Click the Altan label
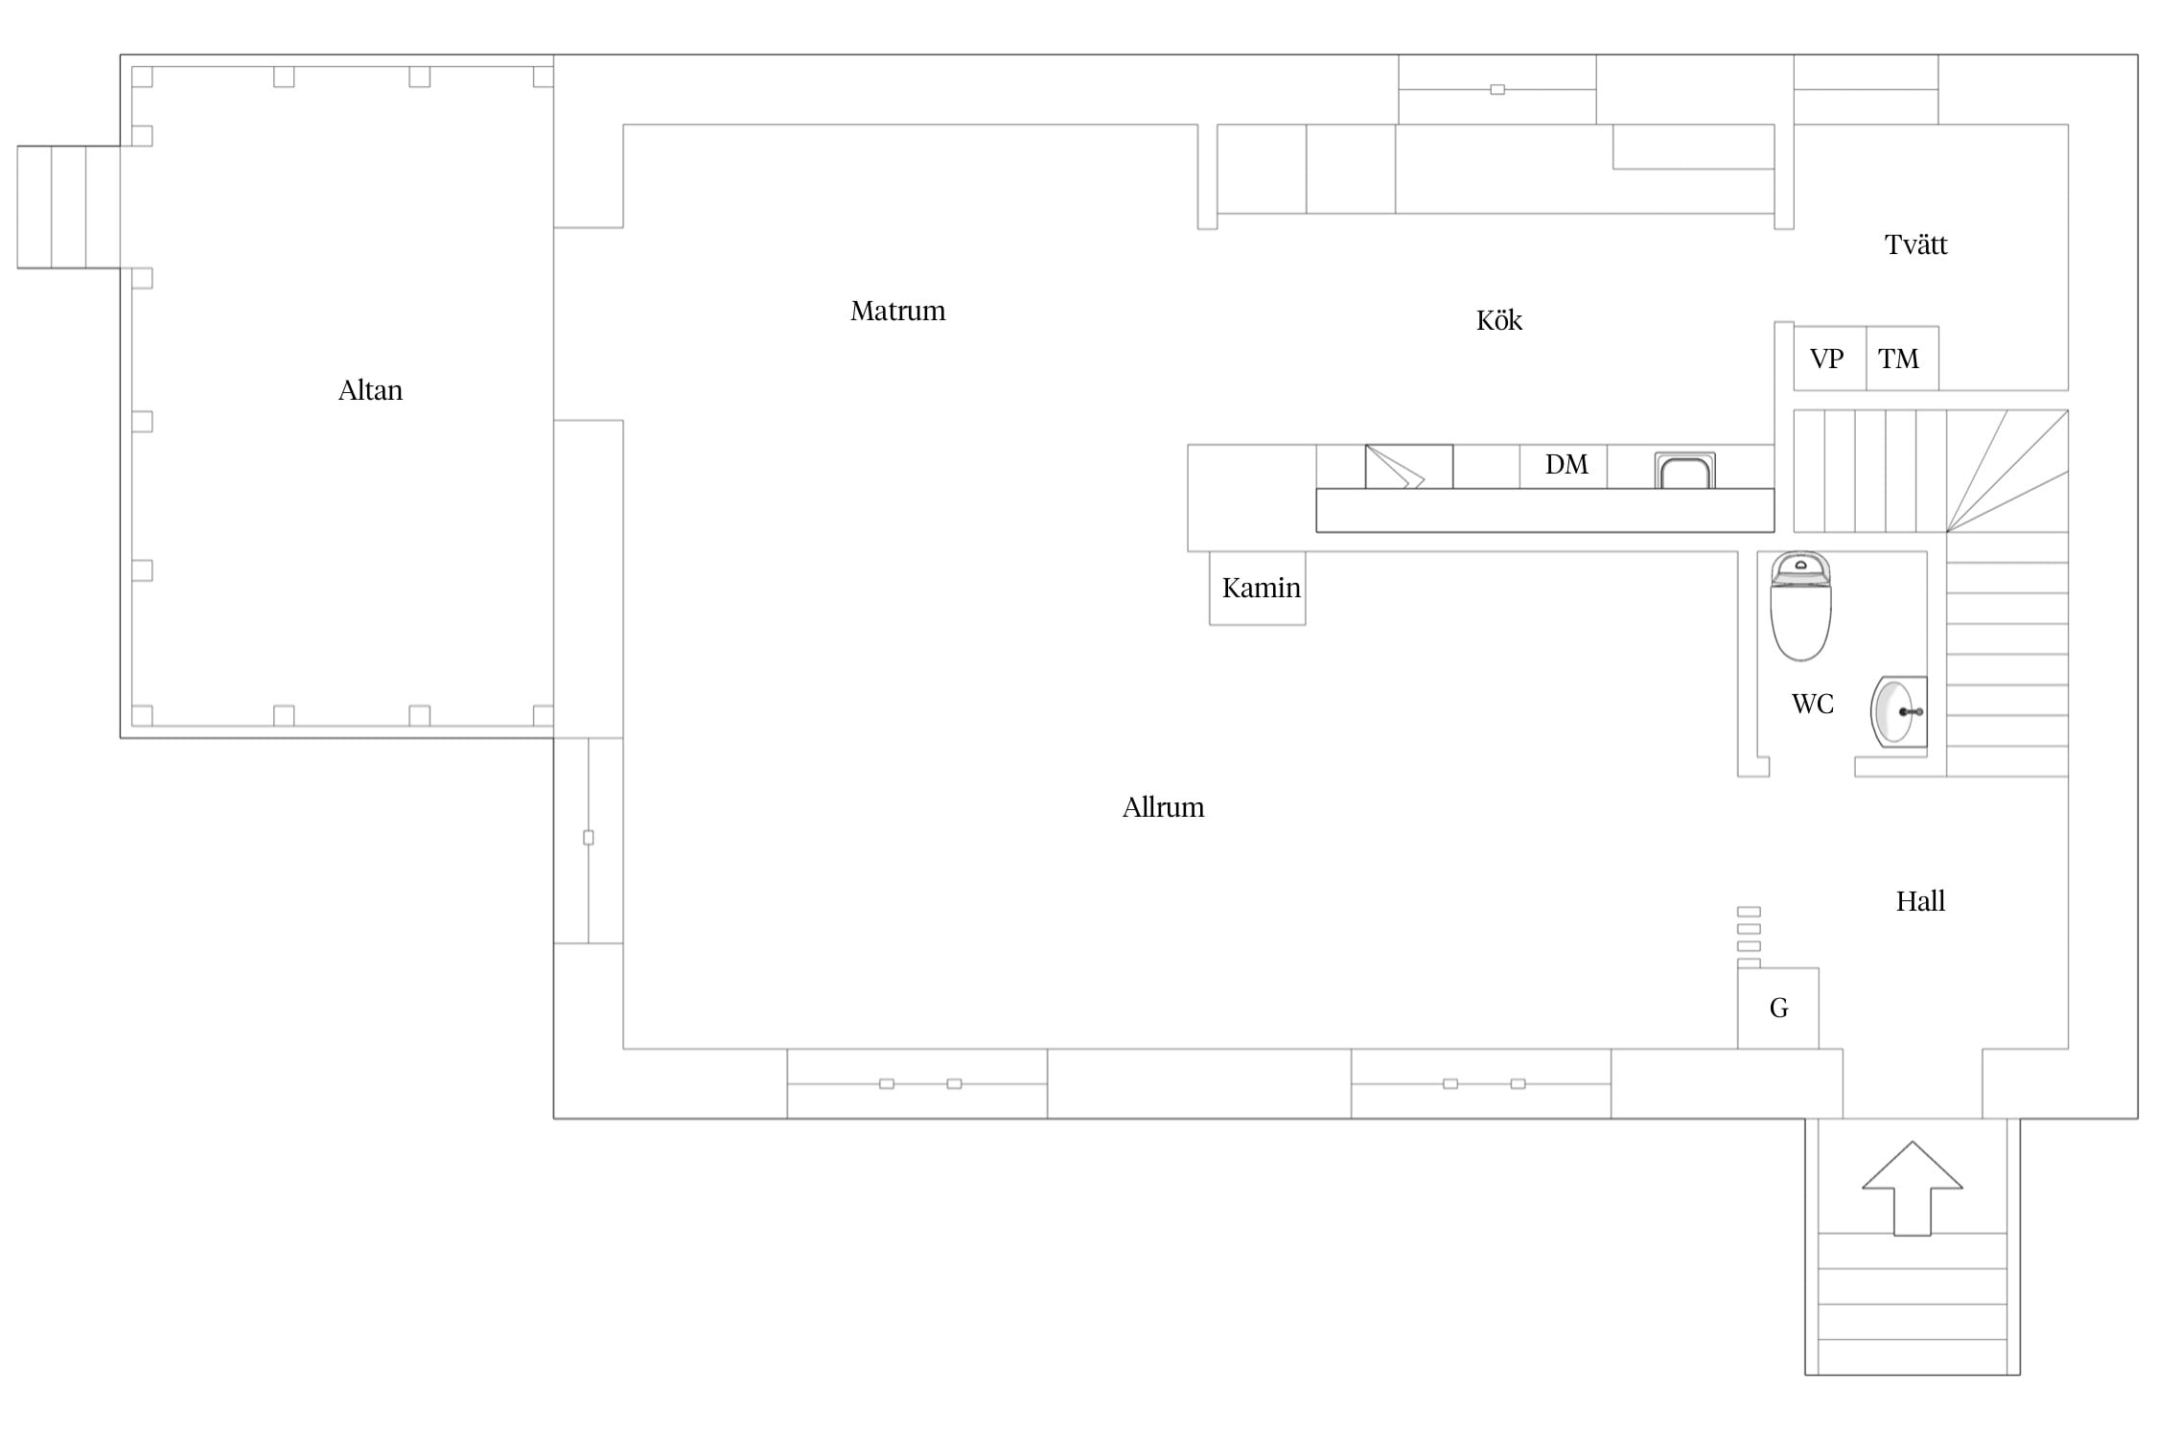(370, 390)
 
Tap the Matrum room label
(897, 311)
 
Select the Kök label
(1498, 320)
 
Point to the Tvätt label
(1915, 244)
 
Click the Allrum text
(1163, 807)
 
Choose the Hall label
(1920, 901)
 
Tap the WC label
(1812, 704)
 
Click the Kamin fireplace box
(1257, 588)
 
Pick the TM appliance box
(1902, 359)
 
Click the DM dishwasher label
(1566, 465)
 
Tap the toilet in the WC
(1800, 606)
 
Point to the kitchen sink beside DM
(1684, 471)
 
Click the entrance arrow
(1913, 1188)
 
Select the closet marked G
(1778, 1008)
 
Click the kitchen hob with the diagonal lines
(1408, 467)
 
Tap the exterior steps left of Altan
(68, 207)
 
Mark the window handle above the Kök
(1497, 90)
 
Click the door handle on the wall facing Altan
(589, 838)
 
